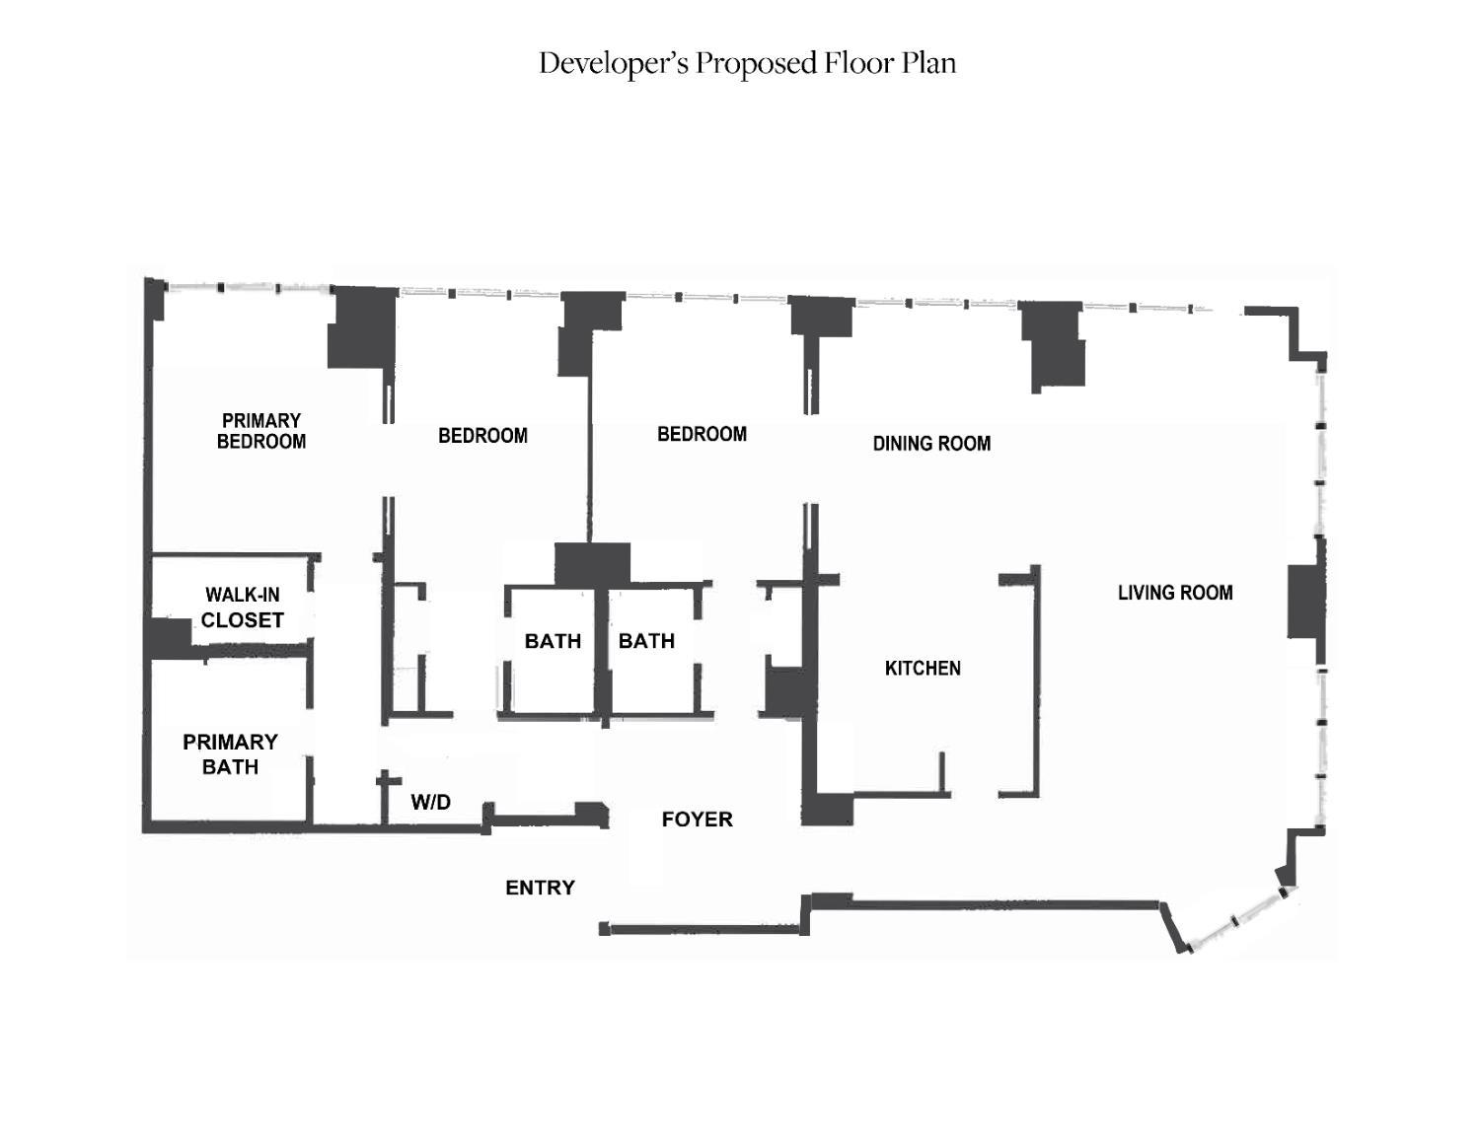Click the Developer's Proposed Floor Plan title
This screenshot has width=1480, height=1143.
pos(747,63)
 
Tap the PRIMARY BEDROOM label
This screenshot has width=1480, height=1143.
pos(261,431)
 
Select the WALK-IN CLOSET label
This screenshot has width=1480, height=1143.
pos(243,607)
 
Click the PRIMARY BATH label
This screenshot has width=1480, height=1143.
pos(230,754)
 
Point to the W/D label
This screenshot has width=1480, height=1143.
pos(431,802)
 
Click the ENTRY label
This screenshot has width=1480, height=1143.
pos(540,888)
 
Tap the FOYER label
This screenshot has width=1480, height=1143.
pos(697,820)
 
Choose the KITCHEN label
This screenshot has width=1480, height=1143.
pos(923,669)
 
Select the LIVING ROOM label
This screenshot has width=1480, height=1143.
pos(1175,593)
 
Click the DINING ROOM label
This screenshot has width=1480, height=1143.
pos(931,444)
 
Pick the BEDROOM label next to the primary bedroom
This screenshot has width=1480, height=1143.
pos(482,436)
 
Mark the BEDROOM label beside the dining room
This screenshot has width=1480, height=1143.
pos(702,434)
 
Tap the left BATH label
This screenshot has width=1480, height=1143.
pos(553,641)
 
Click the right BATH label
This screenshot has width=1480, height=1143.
pos(646,641)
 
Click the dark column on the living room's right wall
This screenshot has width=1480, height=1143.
pos(1305,601)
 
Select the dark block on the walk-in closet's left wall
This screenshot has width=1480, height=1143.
pos(168,638)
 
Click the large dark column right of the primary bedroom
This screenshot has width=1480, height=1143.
pos(362,327)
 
